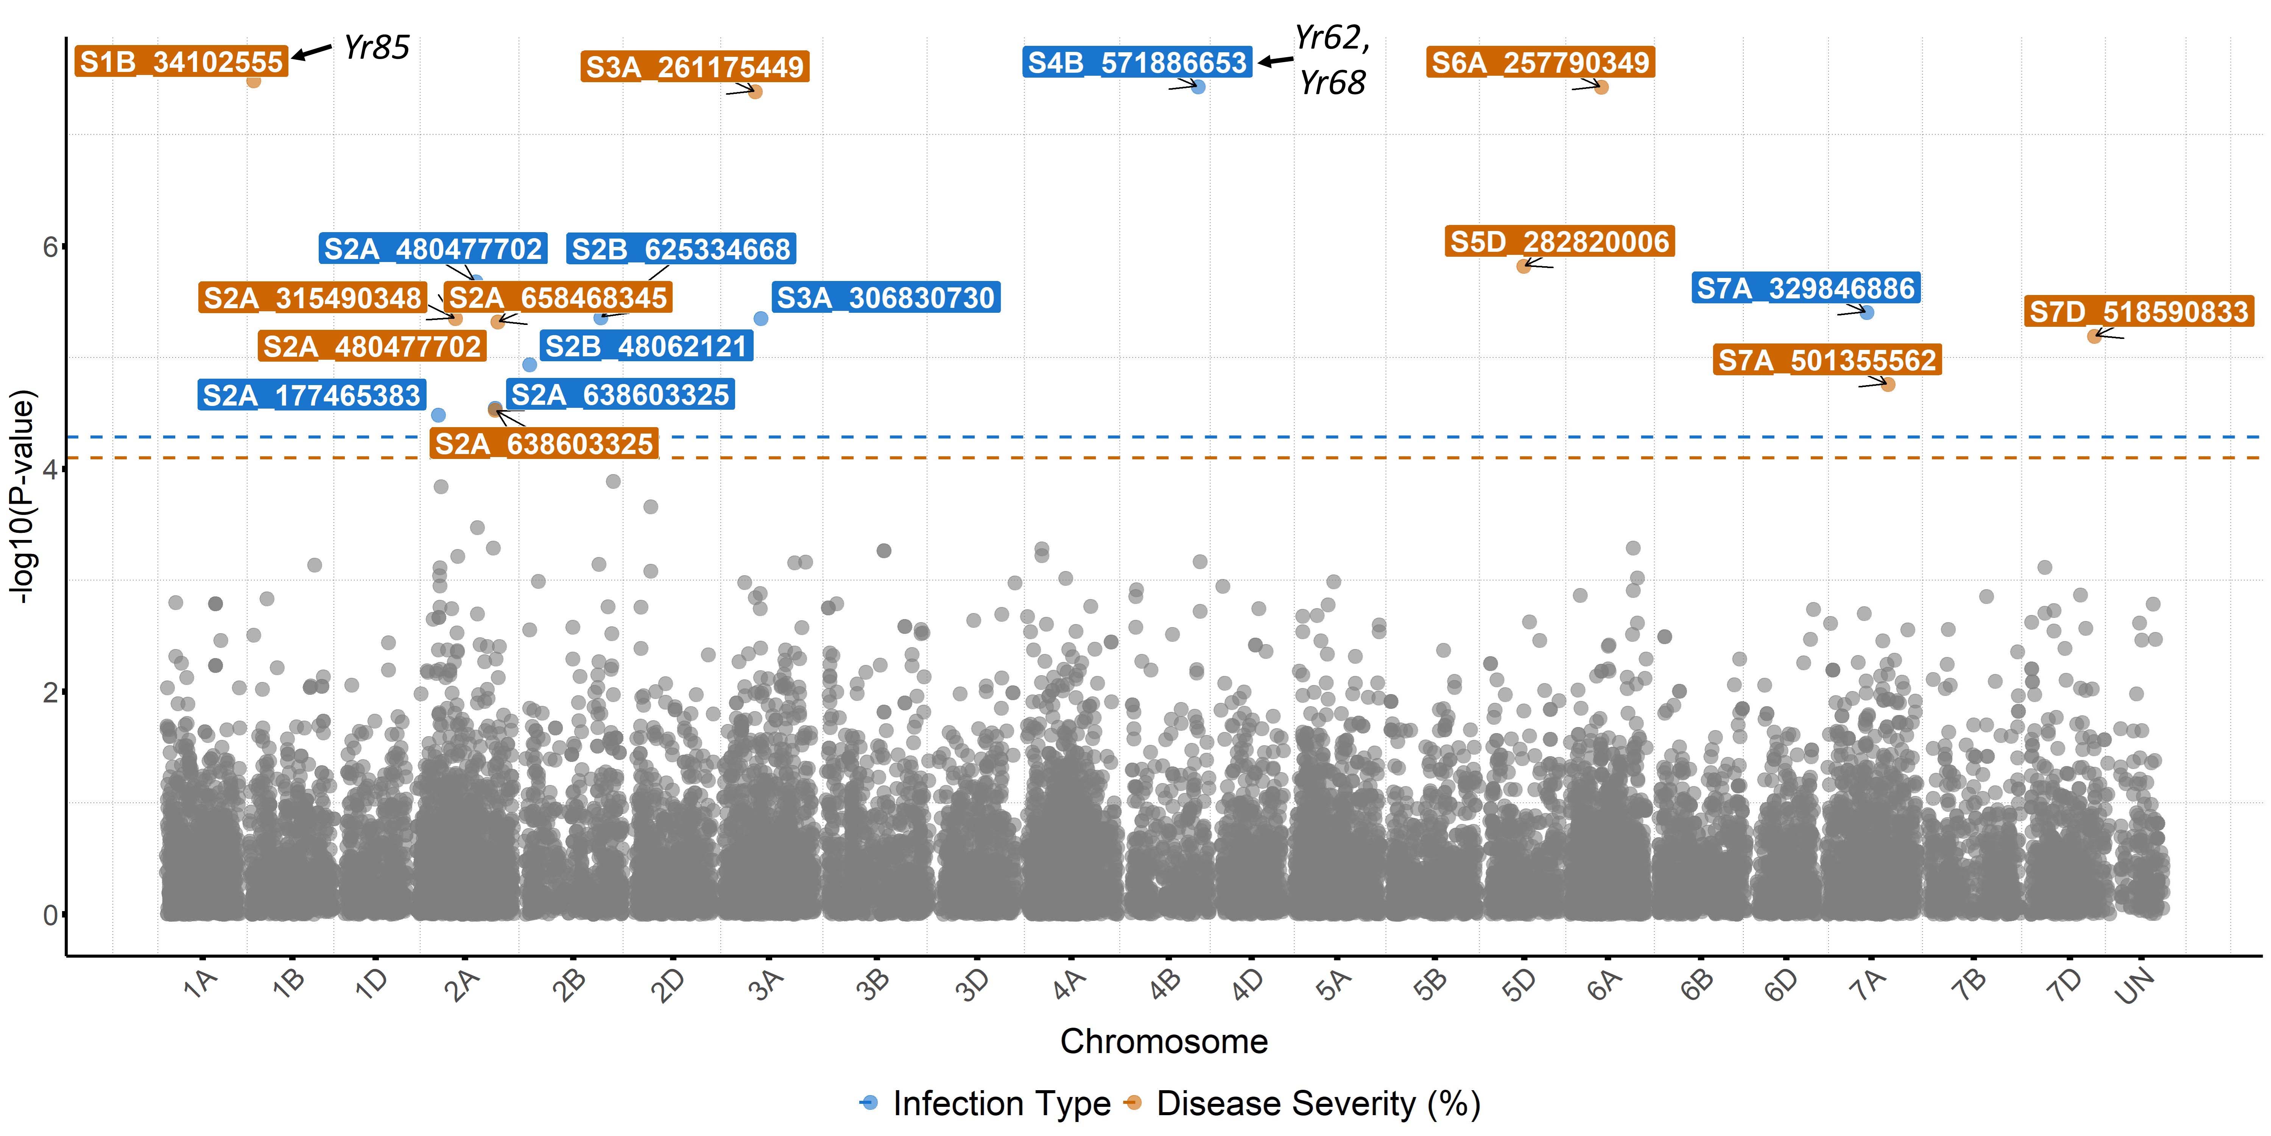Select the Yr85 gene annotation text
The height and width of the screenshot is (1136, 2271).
click(377, 48)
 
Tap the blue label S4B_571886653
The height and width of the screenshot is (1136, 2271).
click(1137, 62)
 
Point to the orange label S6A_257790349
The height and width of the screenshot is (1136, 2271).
click(1540, 62)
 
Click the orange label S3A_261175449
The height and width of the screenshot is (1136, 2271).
click(695, 67)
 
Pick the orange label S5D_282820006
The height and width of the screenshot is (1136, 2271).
click(1559, 242)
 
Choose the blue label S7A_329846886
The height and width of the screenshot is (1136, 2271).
click(1805, 289)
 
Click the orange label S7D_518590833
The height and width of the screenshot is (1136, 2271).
click(2139, 311)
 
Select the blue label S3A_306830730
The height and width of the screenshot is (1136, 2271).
click(885, 298)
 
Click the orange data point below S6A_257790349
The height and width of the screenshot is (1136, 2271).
click(1602, 87)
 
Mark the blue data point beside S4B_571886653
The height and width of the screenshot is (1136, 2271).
click(1198, 86)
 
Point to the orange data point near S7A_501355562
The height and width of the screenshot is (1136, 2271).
click(1888, 385)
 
